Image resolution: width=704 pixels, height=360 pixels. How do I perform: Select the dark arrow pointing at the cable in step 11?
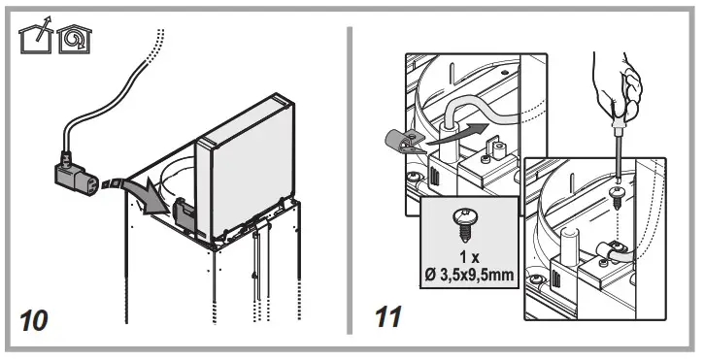pos(456,137)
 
